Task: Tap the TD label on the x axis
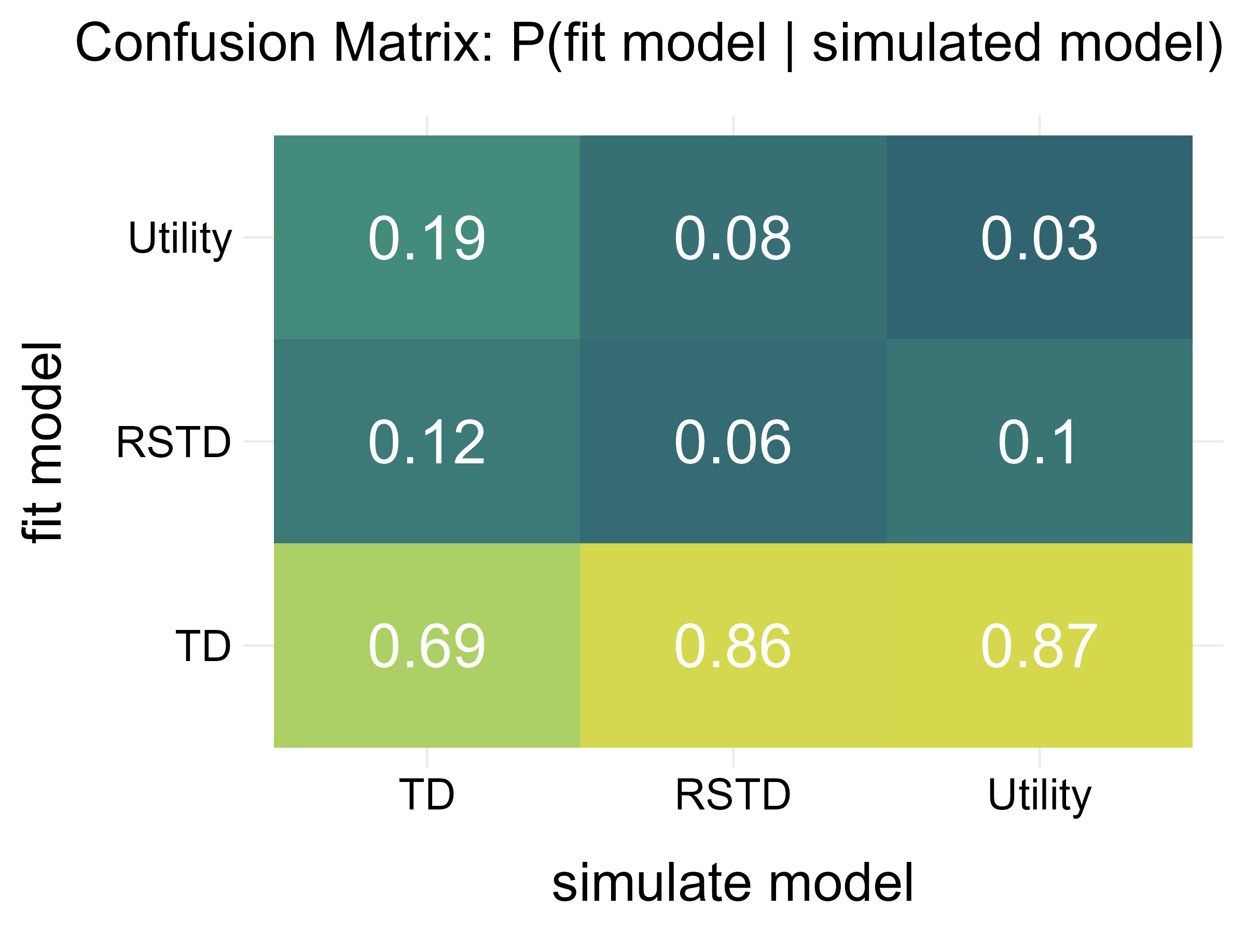[426, 795]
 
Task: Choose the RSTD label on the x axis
[732, 795]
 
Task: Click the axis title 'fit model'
[42, 442]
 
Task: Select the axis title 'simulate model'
[732, 883]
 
